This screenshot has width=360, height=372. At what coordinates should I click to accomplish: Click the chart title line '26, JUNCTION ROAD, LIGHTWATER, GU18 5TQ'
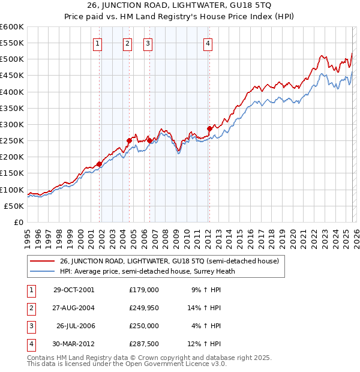point(180,7)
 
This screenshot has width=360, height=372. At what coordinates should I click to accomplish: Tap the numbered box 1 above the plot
point(97,43)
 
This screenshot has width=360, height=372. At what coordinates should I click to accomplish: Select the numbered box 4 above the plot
point(207,43)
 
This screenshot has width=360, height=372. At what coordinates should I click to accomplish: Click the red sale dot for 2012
point(209,128)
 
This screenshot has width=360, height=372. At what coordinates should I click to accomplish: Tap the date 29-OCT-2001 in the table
point(73,289)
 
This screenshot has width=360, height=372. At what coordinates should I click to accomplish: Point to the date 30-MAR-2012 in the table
point(73,344)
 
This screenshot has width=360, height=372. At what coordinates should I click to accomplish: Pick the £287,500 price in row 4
point(143,344)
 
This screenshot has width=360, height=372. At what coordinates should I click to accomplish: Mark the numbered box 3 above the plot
point(148,43)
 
